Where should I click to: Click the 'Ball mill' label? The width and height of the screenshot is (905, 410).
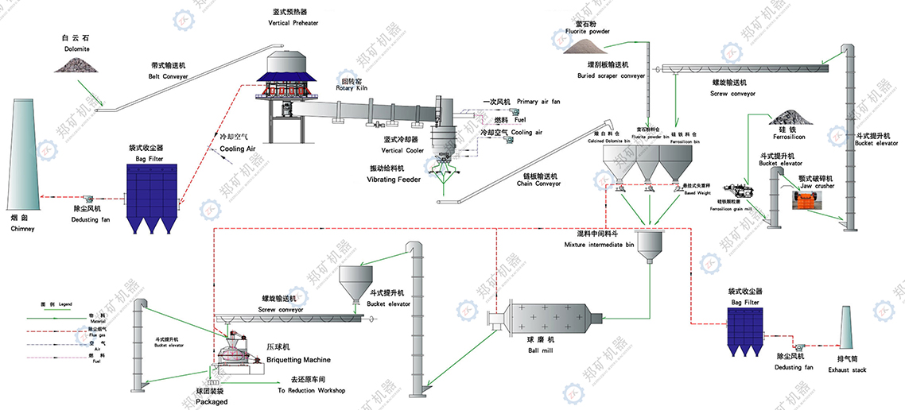(539, 350)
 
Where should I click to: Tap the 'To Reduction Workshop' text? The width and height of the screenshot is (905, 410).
(311, 390)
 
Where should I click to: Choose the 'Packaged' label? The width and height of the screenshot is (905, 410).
(212, 401)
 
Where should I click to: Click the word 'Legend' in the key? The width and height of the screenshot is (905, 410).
(65, 304)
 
